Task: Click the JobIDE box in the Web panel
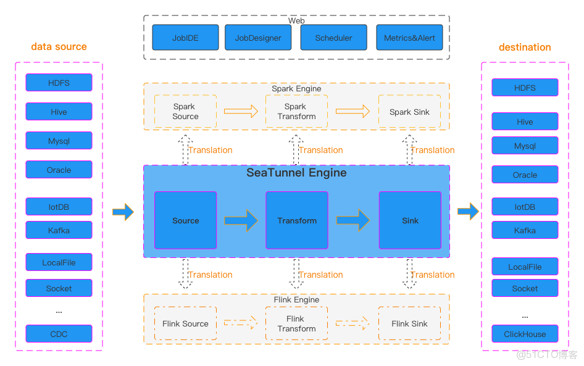click(185, 38)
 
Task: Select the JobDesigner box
click(258, 38)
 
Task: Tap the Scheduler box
click(333, 38)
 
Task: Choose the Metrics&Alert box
click(409, 38)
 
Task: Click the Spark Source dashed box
click(185, 112)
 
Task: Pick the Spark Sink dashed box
click(409, 112)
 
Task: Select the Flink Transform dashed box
click(296, 323)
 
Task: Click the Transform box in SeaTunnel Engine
click(297, 220)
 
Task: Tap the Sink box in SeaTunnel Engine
click(410, 220)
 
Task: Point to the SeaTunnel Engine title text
click(296, 173)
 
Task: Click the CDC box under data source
click(59, 334)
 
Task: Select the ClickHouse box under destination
click(525, 334)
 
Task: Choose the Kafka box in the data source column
click(59, 230)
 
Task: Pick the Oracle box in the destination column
click(525, 175)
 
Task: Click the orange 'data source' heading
click(59, 47)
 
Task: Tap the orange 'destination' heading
click(525, 47)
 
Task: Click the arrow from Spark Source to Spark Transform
click(241, 112)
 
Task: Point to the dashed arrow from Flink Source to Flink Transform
click(241, 323)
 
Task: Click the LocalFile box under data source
click(59, 262)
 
